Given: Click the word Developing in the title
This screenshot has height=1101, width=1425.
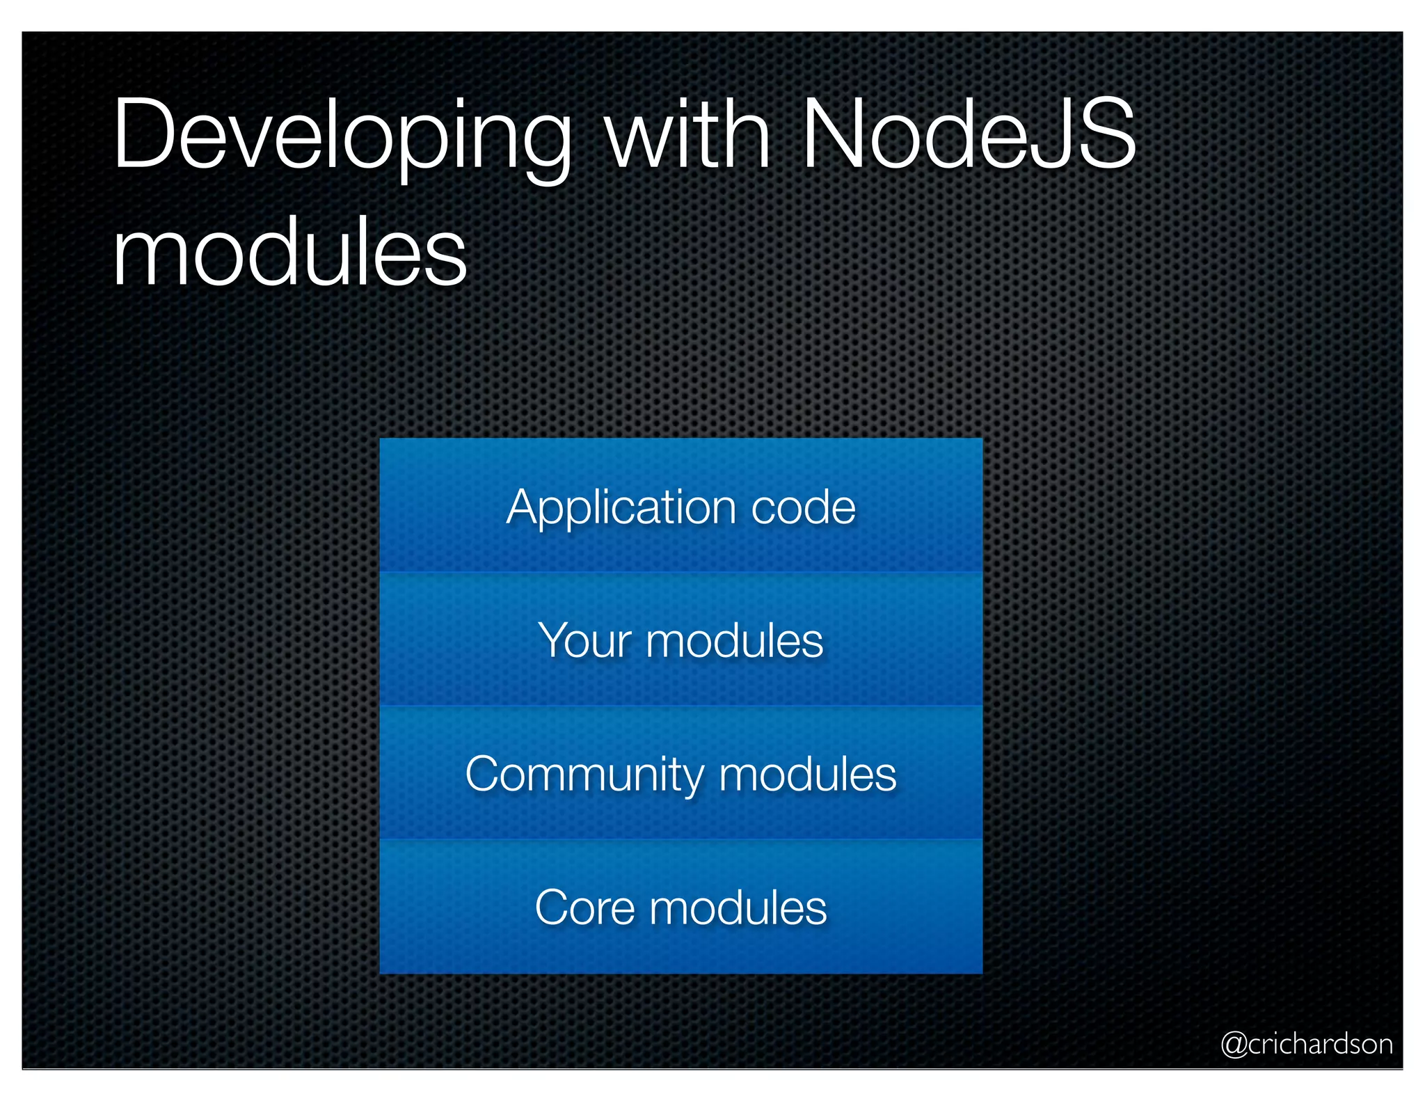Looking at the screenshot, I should click(341, 136).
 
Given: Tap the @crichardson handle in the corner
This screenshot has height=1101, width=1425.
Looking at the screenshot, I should click(1307, 1044).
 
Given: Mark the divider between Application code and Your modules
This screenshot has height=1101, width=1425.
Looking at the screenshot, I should click(680, 572).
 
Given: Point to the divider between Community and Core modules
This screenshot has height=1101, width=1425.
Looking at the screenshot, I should click(680, 839).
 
